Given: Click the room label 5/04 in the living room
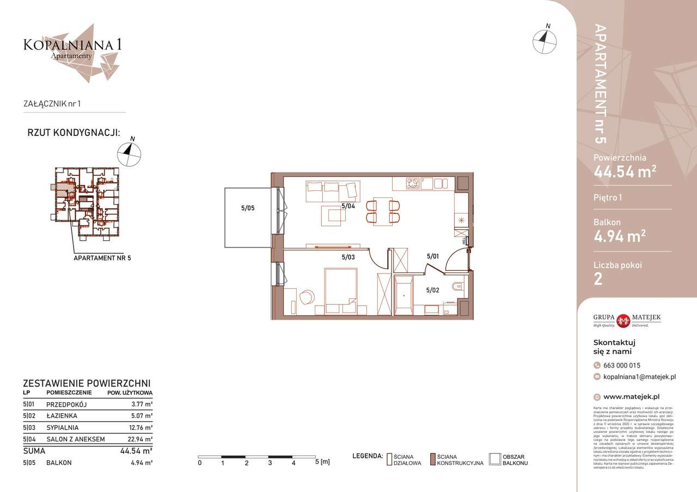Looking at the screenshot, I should pos(348,207).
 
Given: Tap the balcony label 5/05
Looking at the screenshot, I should pos(248,207).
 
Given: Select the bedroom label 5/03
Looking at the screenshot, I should pos(348,257).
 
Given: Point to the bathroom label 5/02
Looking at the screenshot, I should pos(432,290).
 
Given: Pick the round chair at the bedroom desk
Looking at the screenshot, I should pos(307,297).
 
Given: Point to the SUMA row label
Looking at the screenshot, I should pos(34,451).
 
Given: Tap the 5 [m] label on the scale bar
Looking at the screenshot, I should pos(322,463).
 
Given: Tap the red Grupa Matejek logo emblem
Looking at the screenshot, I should pos(622,320).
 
